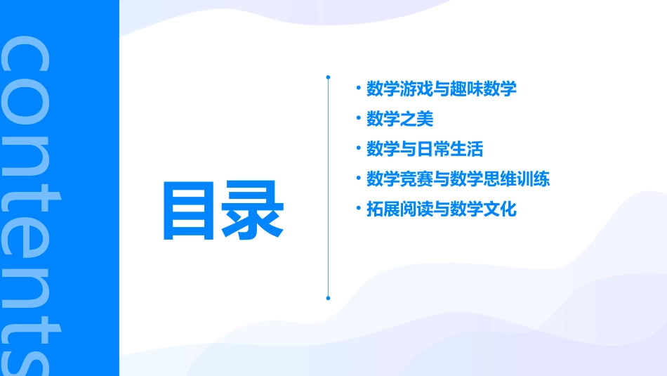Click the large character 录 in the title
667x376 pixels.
253,211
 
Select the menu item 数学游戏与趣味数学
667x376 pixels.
441,89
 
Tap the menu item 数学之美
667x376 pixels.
399,119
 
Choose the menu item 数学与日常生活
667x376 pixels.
424,149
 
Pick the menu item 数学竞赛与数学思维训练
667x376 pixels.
458,179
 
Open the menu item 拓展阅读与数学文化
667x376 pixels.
441,209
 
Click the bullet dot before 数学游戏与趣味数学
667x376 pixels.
358,89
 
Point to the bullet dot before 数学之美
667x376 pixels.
358,119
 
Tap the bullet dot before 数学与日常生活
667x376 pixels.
358,149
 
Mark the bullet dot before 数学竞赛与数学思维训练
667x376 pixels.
358,179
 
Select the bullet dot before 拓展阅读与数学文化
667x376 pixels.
358,209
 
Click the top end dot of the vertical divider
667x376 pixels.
328,76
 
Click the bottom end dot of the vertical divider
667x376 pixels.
328,298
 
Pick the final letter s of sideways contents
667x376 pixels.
27,355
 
